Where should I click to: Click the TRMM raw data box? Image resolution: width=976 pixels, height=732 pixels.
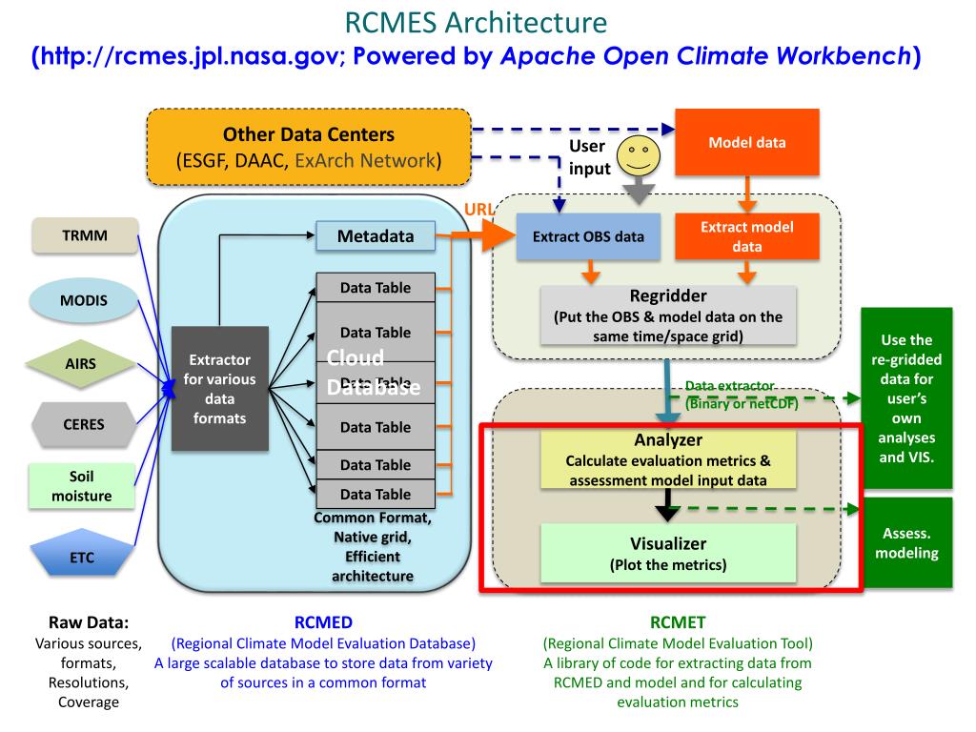point(84,236)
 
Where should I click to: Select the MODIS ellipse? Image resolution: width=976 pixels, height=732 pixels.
point(84,300)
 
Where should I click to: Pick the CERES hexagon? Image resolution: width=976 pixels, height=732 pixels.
point(84,425)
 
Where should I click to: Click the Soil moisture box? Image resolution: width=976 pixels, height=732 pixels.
point(83,486)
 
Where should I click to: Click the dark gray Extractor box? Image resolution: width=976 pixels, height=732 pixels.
point(220,389)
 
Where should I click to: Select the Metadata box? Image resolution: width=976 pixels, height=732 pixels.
point(375,236)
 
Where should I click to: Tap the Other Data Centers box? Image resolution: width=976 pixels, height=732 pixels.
point(309,147)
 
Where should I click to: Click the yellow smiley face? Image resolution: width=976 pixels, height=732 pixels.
point(638,158)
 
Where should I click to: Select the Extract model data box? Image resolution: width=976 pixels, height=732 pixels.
point(746,236)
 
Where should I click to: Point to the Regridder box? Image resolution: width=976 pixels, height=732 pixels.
point(667,315)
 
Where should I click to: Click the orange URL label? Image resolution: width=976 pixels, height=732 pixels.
point(478,210)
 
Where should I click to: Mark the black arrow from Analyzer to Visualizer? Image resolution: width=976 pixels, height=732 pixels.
point(669,504)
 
